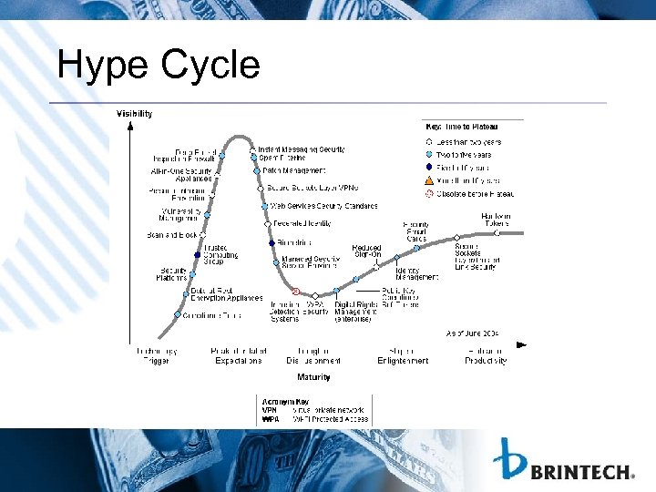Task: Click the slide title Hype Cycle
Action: [x=158, y=66]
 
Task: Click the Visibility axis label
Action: [x=134, y=114]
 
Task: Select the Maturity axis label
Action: [x=313, y=376]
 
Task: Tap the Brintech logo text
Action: [x=582, y=472]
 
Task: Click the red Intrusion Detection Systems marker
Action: [x=295, y=292]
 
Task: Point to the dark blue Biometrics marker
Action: [x=272, y=243]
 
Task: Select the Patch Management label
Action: [x=294, y=170]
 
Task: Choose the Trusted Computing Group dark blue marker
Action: [x=197, y=254]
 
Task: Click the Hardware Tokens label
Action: [x=496, y=220]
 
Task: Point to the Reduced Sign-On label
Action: [x=367, y=251]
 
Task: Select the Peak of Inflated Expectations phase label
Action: [x=238, y=355]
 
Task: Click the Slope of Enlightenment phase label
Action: [x=403, y=355]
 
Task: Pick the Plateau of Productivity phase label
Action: [x=485, y=355]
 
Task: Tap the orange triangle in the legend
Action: [x=430, y=180]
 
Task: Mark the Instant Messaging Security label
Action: [x=301, y=149]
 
